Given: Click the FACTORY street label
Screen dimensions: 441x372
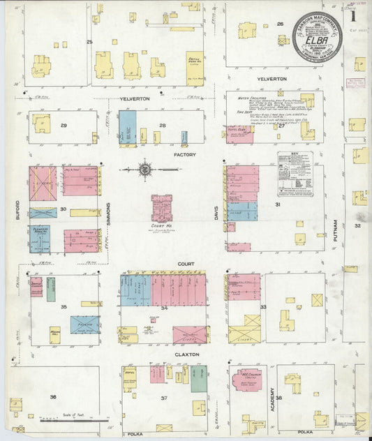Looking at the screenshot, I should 185,154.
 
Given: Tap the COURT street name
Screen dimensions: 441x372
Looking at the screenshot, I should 185,264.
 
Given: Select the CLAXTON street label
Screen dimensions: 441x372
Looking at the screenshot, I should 187,354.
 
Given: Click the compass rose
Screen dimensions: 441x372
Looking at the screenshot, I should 145,169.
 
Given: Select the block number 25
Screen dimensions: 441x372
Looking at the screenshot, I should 89,43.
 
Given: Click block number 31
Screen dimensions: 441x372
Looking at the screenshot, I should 278,204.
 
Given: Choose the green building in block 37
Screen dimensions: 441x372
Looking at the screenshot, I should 199,379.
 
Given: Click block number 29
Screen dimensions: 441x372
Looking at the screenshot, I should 63,125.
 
